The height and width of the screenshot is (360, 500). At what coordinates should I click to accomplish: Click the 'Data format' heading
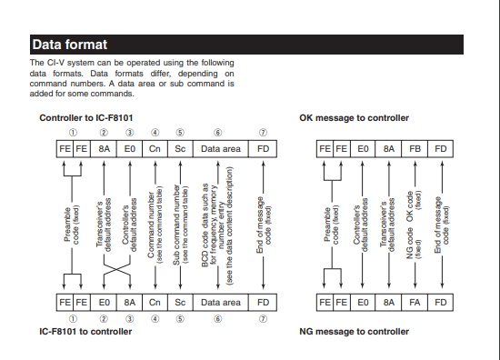click(x=69, y=45)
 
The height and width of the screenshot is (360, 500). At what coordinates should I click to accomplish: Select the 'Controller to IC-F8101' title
click(x=86, y=118)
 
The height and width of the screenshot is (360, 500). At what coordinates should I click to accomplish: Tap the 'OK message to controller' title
click(x=354, y=118)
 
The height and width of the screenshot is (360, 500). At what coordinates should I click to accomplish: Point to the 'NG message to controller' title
click(x=354, y=332)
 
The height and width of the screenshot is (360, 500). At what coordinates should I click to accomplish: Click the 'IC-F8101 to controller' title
click(x=85, y=332)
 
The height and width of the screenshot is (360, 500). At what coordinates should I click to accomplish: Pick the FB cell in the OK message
click(x=415, y=149)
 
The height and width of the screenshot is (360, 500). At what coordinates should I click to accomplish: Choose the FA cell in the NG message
click(x=415, y=303)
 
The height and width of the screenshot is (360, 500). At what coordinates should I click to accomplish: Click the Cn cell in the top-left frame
click(x=155, y=149)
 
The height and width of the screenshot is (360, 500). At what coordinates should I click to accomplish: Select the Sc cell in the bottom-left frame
click(x=180, y=303)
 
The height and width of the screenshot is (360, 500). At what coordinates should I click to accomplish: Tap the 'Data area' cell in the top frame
click(x=221, y=149)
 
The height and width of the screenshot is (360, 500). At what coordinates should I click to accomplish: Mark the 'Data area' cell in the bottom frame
click(x=221, y=303)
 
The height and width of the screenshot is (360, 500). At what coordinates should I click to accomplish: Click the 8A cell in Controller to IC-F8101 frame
click(x=104, y=149)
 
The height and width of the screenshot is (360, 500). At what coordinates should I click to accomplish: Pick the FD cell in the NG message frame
click(x=440, y=303)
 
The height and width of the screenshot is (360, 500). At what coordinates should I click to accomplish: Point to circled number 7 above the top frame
click(x=263, y=133)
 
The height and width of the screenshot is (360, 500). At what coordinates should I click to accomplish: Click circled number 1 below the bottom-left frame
click(x=73, y=319)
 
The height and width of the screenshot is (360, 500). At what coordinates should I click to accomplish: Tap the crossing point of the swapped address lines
click(x=116, y=269)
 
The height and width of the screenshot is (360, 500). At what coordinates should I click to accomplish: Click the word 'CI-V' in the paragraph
click(x=55, y=63)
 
